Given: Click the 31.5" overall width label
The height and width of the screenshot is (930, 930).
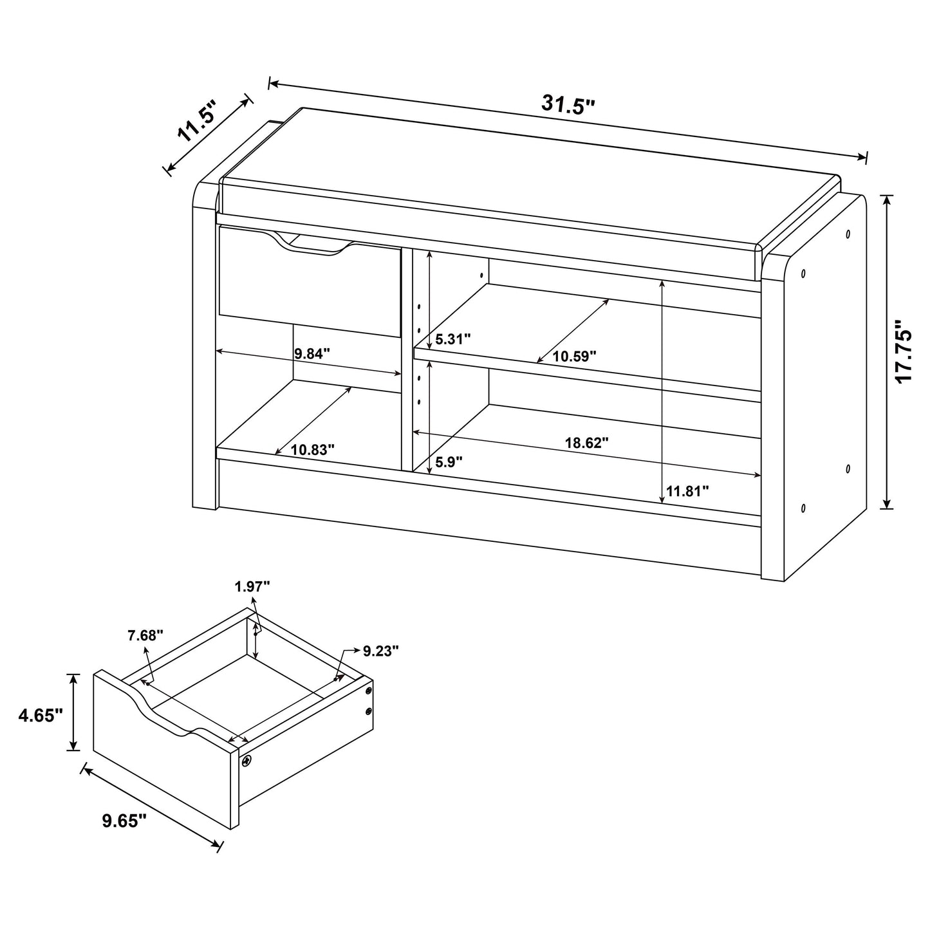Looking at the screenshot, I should point(568,104).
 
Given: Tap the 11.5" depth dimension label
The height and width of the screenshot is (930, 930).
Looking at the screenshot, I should point(196,122).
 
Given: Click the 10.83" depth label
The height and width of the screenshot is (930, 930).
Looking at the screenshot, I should point(312,450).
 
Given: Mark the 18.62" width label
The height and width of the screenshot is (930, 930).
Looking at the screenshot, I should point(586,443).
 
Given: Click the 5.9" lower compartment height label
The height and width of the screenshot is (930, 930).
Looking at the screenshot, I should point(449,461).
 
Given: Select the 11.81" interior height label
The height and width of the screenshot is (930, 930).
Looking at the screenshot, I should point(687,492).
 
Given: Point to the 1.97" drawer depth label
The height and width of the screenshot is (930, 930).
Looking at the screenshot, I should point(252,586).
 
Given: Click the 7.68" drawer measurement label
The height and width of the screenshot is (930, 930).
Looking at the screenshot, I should point(145,635).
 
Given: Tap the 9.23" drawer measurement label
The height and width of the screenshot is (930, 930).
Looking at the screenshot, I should point(380,651).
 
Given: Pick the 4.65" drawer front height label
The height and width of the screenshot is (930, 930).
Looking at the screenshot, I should point(40,714).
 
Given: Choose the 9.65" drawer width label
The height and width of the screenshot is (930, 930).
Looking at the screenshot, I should point(124,820).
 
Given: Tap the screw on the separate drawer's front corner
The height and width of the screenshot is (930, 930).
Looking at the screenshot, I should point(246,761).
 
